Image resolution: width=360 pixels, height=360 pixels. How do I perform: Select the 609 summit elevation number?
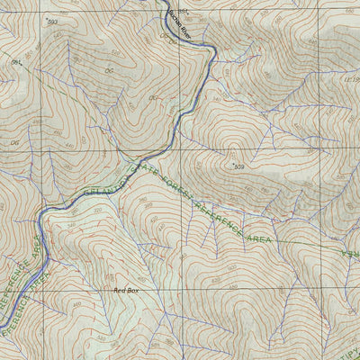239,167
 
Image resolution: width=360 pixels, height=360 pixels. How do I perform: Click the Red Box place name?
126,291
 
